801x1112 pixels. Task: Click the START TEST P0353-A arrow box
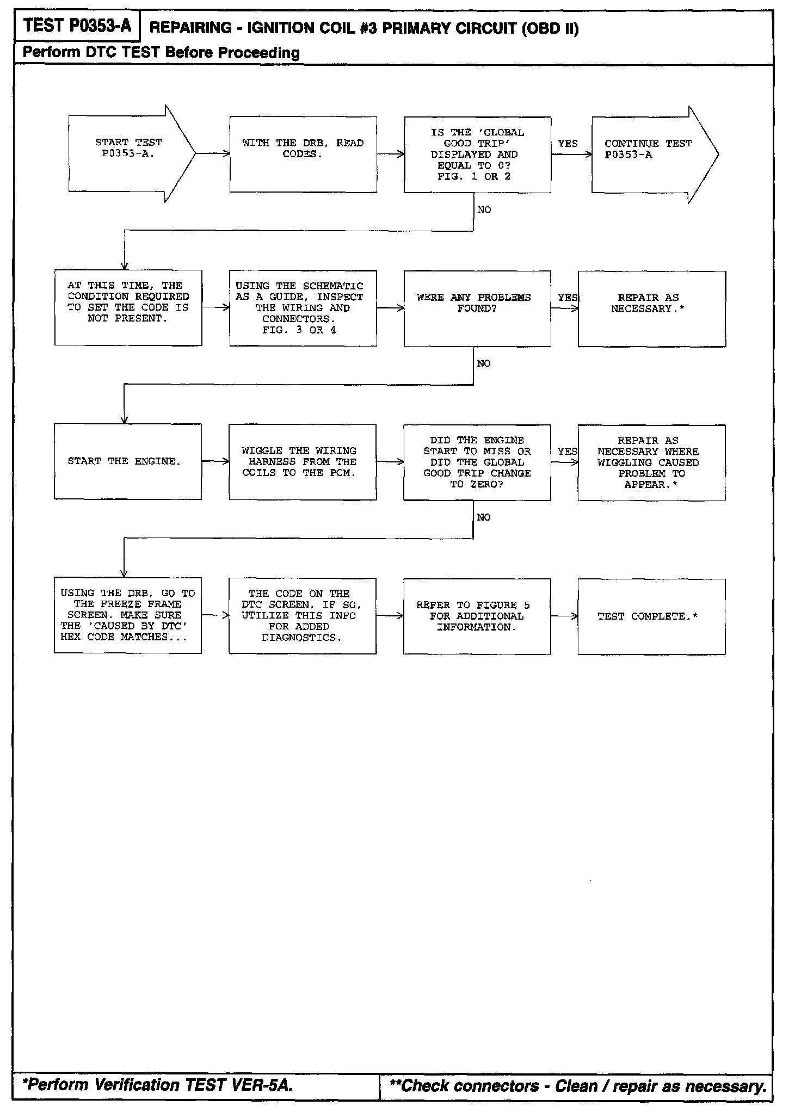click(128, 153)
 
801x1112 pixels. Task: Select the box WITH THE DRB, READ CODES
click(303, 154)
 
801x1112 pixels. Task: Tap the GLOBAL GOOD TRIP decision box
click(477, 155)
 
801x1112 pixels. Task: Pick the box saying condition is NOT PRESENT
click(128, 307)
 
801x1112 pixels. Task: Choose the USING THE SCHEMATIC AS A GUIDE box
click(303, 308)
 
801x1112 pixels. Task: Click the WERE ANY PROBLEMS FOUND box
click(477, 308)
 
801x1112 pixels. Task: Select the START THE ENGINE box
click(127, 461)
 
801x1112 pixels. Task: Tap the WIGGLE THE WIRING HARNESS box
click(302, 462)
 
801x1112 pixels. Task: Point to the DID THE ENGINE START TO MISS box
click(477, 462)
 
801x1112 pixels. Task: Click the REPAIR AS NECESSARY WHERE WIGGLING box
click(651, 462)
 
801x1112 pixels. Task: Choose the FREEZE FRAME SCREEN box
click(127, 615)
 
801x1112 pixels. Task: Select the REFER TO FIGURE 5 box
click(477, 616)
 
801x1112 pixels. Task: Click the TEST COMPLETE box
click(651, 616)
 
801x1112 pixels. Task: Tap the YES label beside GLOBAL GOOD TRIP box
click(568, 144)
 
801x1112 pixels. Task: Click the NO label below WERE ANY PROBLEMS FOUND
click(483, 363)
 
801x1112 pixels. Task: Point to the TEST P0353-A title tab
click(77, 26)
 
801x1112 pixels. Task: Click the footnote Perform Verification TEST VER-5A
click(158, 1085)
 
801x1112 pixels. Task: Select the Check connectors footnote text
click(577, 1086)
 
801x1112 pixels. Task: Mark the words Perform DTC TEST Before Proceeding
click(161, 53)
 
